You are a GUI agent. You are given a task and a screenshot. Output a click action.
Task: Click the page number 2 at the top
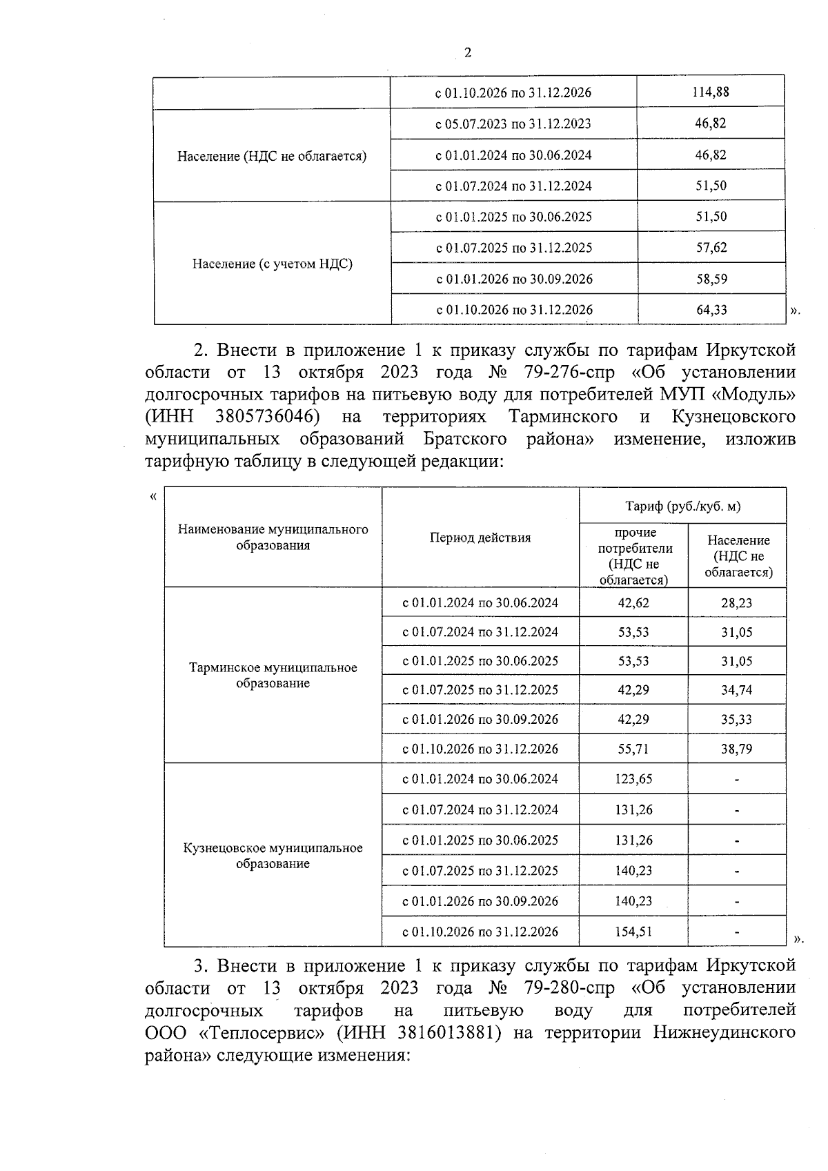(468, 53)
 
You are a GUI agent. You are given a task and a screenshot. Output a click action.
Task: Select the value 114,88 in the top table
(711, 92)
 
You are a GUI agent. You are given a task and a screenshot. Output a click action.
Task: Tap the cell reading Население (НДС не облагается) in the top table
(272, 156)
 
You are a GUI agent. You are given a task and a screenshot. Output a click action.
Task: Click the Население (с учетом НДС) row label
(272, 264)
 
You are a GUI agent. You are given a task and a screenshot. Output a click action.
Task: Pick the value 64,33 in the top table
(711, 310)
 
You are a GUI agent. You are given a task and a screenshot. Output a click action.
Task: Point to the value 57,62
(711, 248)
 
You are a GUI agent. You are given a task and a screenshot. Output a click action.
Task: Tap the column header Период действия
(480, 538)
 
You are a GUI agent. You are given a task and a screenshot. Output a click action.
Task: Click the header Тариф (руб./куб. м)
(682, 506)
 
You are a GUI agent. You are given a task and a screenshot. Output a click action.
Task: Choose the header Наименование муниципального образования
(273, 538)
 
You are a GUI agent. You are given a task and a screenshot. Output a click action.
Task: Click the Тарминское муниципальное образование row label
(273, 676)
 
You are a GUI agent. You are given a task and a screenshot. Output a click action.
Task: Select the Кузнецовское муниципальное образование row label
(273, 856)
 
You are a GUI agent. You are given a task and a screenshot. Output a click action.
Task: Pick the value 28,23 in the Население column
(736, 603)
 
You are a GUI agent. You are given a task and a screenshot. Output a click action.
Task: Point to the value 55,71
(633, 749)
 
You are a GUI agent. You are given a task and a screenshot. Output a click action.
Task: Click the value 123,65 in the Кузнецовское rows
(633, 779)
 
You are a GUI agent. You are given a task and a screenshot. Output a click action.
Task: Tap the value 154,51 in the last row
(633, 932)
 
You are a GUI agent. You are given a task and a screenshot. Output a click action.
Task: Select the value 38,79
(736, 749)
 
